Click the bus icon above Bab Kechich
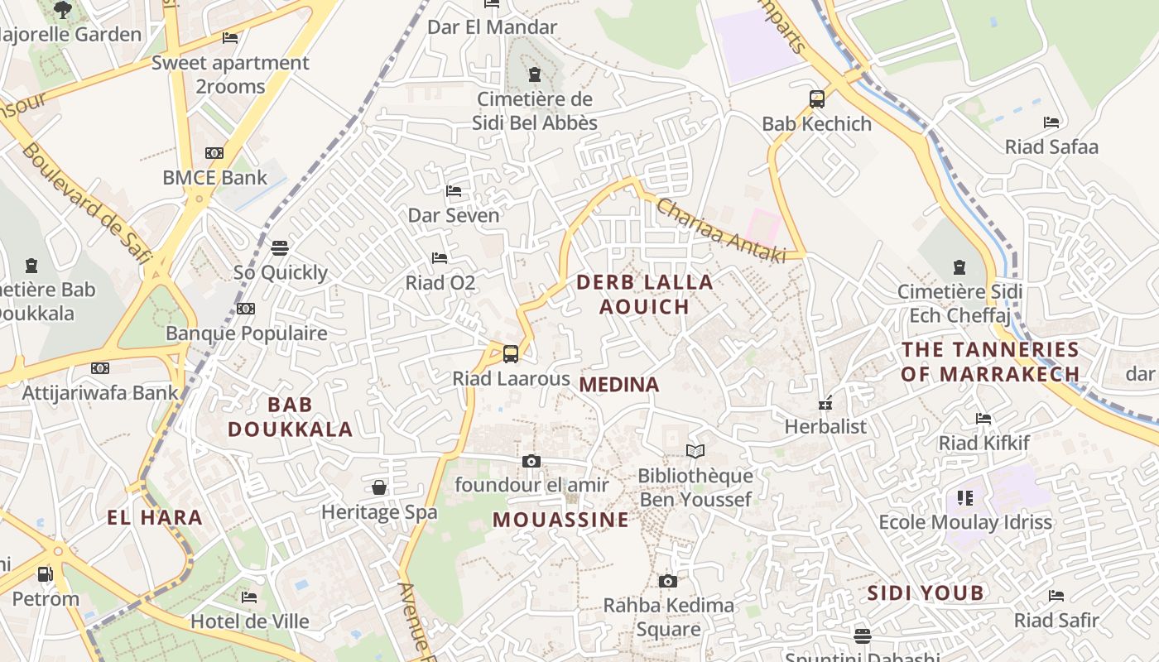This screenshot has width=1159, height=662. (817, 99)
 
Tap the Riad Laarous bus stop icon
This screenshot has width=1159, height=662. (511, 354)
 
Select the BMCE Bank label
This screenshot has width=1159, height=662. (214, 177)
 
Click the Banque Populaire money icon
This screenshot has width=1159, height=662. (246, 309)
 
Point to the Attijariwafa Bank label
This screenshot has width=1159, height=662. (99, 392)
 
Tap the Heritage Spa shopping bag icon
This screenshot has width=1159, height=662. (379, 487)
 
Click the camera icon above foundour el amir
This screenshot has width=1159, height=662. (531, 461)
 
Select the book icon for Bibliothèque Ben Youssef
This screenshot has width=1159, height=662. (695, 451)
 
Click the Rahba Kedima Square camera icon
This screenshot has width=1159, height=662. (668, 581)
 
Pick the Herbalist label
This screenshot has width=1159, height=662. (825, 426)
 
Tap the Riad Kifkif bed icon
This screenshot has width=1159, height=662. (983, 419)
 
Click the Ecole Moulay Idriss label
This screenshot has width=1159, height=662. (964, 522)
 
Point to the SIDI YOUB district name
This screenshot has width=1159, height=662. (926, 592)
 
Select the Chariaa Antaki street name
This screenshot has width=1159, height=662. (720, 232)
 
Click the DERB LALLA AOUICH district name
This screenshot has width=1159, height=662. (644, 294)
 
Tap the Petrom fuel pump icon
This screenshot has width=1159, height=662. (46, 574)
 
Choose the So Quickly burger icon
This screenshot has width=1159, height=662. (280, 248)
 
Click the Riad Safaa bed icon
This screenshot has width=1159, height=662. (1051, 122)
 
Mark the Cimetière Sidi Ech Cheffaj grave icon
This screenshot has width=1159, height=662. (959, 267)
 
